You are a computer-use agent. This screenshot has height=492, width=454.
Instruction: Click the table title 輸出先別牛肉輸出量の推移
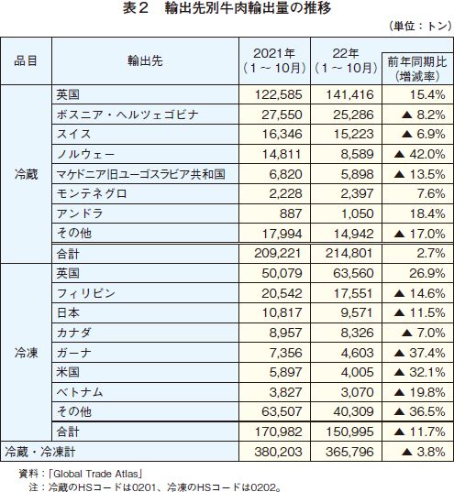click(x=248, y=8)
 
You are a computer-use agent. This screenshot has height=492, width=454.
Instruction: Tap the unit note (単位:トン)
click(x=420, y=26)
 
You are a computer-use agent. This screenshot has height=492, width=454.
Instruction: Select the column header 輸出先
click(x=145, y=60)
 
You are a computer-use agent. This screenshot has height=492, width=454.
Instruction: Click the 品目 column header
click(x=26, y=60)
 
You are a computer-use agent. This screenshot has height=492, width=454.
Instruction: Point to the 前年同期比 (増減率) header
click(x=417, y=69)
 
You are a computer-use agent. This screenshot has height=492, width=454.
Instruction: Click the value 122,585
click(x=279, y=94)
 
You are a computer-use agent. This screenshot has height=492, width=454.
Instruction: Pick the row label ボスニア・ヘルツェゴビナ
click(x=127, y=115)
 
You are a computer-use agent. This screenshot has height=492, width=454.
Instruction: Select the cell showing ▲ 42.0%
click(x=419, y=154)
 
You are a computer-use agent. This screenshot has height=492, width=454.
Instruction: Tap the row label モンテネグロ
click(x=92, y=193)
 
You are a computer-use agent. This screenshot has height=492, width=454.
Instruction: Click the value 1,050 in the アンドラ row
click(x=357, y=213)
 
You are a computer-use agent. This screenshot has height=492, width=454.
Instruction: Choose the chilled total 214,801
click(x=349, y=253)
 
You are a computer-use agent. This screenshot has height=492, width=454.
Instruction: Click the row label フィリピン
click(x=86, y=293)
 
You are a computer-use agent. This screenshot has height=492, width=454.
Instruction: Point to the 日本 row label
click(x=68, y=312)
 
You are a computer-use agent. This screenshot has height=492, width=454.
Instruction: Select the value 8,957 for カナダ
click(x=285, y=333)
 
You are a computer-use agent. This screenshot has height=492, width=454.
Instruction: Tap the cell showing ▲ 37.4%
click(x=419, y=353)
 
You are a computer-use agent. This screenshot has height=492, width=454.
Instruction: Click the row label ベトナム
click(x=80, y=392)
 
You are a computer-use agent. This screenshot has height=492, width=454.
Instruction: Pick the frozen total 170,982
click(x=279, y=432)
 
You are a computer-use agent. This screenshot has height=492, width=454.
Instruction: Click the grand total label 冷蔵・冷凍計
click(x=40, y=452)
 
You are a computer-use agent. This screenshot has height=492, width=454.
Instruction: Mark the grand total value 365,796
click(x=349, y=453)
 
